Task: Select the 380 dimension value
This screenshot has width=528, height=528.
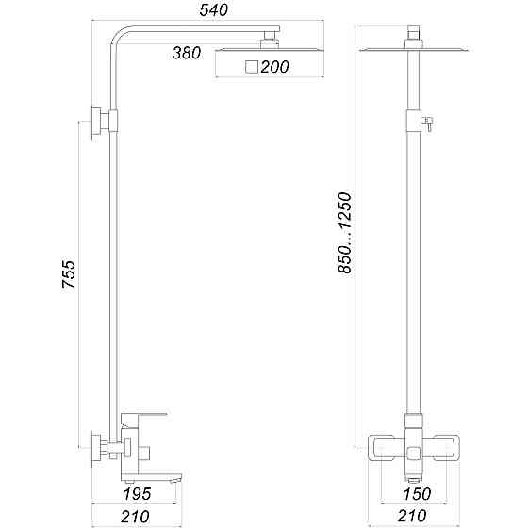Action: click(186, 53)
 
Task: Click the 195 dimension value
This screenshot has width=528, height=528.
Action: click(139, 491)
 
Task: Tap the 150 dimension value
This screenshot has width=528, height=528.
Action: click(413, 491)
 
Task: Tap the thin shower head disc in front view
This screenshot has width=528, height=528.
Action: click(412, 46)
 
